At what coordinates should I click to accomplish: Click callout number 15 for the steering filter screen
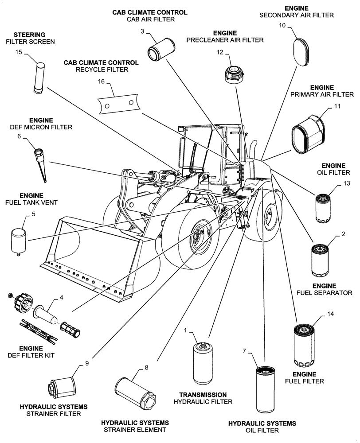point(19,52)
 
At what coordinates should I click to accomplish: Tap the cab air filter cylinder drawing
point(160,48)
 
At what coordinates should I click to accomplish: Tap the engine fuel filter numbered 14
point(305,346)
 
